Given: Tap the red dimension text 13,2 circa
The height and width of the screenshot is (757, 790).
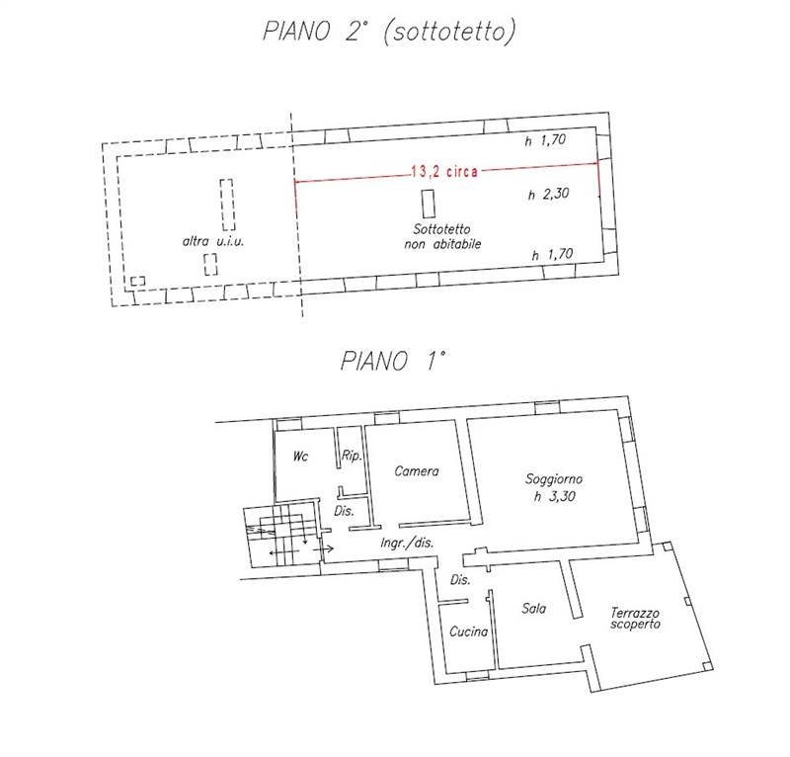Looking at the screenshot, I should tap(443, 170).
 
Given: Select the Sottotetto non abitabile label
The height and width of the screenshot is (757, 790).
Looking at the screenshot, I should tap(441, 236).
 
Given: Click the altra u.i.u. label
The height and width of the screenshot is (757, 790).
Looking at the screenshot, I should tap(212, 242).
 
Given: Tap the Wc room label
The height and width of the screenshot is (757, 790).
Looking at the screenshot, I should tap(301, 457).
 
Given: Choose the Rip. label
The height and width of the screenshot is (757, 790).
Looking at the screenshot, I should tap(351, 457).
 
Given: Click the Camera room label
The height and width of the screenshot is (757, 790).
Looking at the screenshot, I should tap(416, 471).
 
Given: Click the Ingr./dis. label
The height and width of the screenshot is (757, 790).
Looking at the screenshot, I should tap(408, 544).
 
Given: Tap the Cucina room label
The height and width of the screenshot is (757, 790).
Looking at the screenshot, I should tap(467, 632).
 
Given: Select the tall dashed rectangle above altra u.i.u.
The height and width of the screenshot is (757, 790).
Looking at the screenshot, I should tap(227, 203).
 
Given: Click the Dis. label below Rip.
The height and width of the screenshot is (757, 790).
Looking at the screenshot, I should tap(344, 511).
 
